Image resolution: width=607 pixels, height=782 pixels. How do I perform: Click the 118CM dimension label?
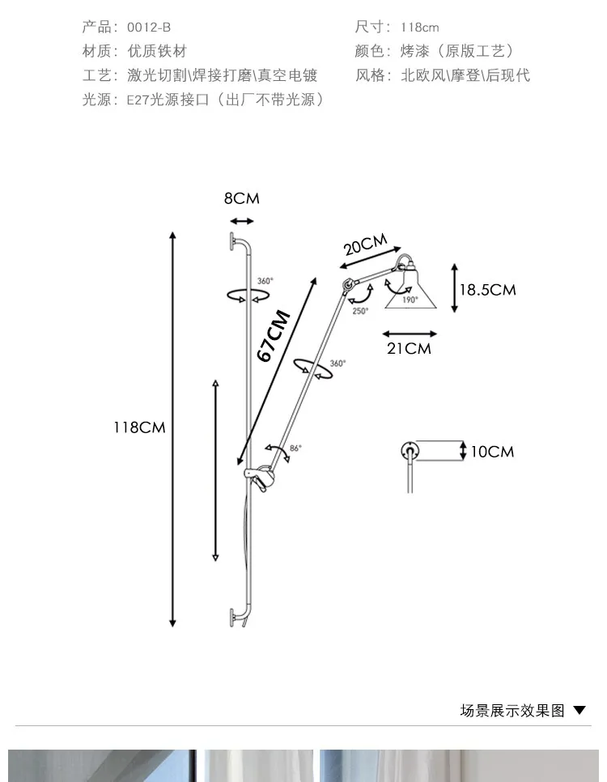click(139, 427)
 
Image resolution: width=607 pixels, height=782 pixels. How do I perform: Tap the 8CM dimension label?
click(242, 198)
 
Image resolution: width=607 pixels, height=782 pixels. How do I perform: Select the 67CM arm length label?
click(274, 335)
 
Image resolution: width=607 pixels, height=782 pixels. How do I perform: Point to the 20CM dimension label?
click(366, 244)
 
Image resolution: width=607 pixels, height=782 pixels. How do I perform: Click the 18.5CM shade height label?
click(488, 290)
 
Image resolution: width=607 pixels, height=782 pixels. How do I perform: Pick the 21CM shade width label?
click(409, 348)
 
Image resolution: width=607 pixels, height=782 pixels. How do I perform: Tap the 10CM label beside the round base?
click(492, 452)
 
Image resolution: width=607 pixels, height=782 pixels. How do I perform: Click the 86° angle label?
click(295, 448)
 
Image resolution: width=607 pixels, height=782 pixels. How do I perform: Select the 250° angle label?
click(361, 311)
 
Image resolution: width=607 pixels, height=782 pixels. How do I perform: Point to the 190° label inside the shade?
click(410, 300)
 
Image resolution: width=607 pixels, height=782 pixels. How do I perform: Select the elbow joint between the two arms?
click(347, 285)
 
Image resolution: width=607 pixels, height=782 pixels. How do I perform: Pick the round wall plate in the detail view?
click(410, 451)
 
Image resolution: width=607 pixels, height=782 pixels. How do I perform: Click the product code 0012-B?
click(149, 28)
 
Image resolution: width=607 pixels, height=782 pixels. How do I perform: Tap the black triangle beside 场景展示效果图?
click(579, 710)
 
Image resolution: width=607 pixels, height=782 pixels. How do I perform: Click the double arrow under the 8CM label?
click(242, 221)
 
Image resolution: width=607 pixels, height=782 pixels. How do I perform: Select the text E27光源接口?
click(168, 100)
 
